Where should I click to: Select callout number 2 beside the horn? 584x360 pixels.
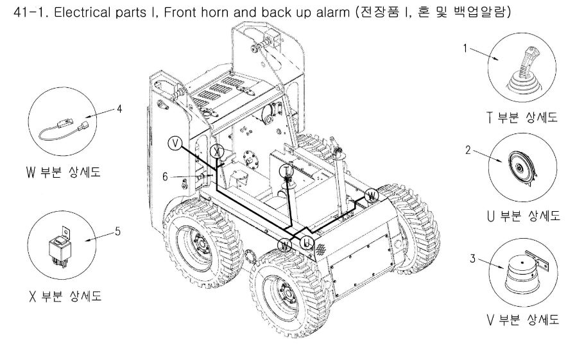pos(468,150)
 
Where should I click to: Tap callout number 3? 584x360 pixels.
pos(472,259)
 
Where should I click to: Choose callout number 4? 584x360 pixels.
pos(119,108)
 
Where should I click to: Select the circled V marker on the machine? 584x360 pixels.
pos(175,142)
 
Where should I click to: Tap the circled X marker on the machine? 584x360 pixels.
pos(218,151)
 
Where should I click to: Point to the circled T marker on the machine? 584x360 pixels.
pos(288,170)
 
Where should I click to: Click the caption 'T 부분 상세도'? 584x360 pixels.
pos(522,117)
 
